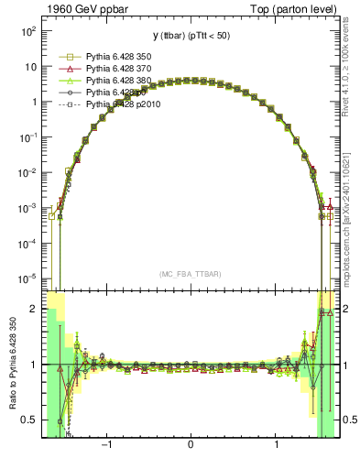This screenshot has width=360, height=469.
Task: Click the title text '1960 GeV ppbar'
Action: pyautogui.click(x=82, y=9)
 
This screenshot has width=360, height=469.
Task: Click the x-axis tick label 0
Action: pyautogui.click(x=190, y=446)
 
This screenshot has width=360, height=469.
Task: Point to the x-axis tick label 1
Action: pyautogui.click(x=277, y=446)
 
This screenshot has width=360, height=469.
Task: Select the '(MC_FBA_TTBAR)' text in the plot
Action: pyautogui.click(x=190, y=274)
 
